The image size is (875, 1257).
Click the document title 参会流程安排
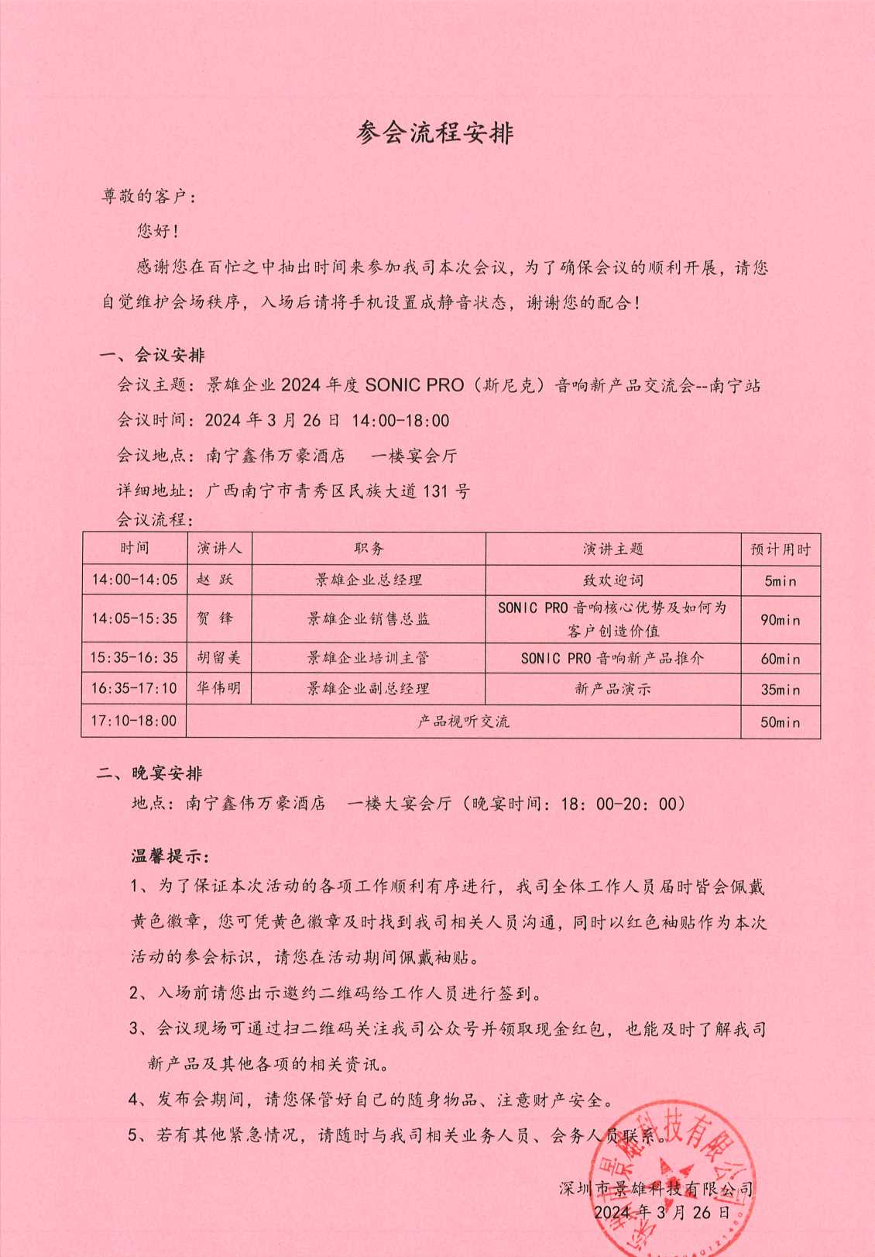tap(435, 133)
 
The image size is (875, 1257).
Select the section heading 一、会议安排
tap(153, 356)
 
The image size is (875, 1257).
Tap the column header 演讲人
tap(219, 549)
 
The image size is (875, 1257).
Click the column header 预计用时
tap(780, 549)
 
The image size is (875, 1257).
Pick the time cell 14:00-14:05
tap(134, 580)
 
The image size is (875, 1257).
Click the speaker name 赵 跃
tap(214, 580)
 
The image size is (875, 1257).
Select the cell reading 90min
tap(780, 620)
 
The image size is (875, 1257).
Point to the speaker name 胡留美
tap(218, 658)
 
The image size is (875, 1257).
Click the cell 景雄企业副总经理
tap(368, 688)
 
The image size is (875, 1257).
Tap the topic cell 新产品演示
tap(612, 688)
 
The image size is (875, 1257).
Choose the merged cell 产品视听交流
tap(463, 721)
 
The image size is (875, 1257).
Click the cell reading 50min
tap(780, 722)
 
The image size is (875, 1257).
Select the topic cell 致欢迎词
tap(612, 580)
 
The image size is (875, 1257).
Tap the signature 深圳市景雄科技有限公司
tap(656, 1189)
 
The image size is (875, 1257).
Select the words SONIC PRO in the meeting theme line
tap(414, 385)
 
